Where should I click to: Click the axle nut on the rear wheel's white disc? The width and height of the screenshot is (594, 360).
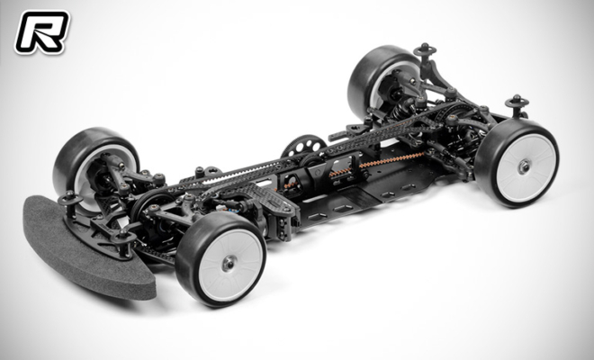point(524,166)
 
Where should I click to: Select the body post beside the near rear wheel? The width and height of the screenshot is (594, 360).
point(517,103)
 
